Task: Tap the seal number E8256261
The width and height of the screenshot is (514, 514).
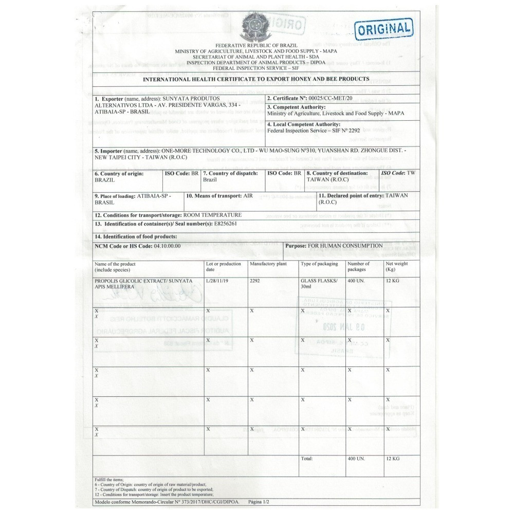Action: point(225,224)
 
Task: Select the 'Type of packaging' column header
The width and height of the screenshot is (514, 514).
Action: point(319,264)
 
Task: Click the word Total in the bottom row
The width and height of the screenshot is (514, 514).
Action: point(307,458)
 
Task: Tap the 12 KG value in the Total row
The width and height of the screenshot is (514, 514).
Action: point(392,458)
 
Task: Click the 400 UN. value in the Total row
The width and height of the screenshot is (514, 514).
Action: point(356,458)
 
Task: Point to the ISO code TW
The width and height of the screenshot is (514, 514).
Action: point(410,173)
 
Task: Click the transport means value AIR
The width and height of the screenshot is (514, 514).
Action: point(248,196)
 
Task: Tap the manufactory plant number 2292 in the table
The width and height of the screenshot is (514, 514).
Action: point(255,281)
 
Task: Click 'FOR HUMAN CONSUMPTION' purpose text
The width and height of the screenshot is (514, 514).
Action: point(345,246)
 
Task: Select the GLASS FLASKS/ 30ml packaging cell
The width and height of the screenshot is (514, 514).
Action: point(319,284)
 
